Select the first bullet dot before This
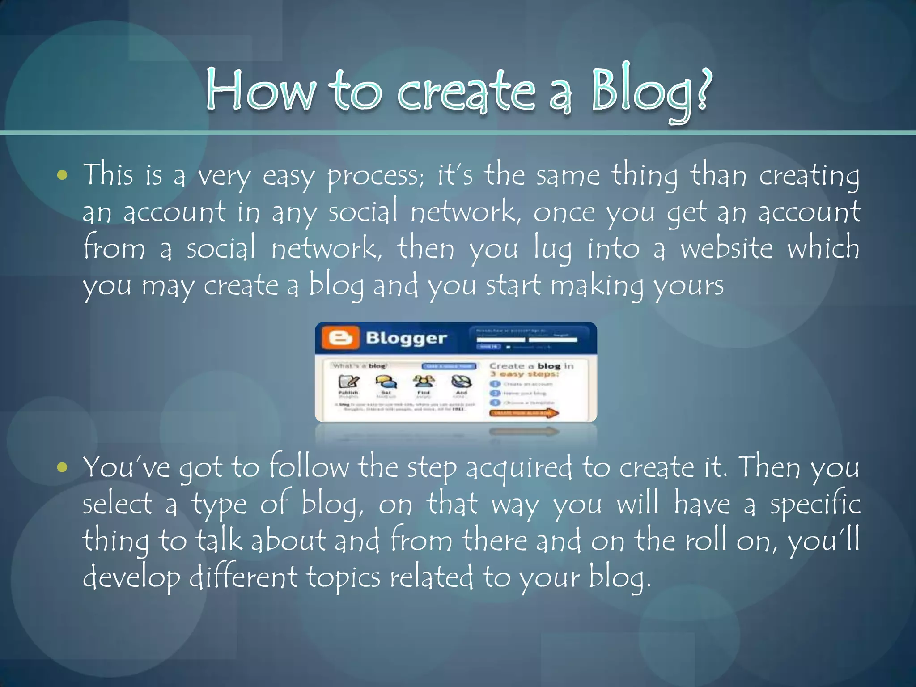pyautogui.click(x=63, y=175)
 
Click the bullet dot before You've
pyautogui.click(x=63, y=468)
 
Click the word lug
pyautogui.click(x=553, y=250)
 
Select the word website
pyautogui.click(x=726, y=249)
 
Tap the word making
pyautogui.click(x=597, y=286)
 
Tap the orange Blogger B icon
pyautogui.click(x=340, y=338)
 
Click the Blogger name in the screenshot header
pyautogui.click(x=406, y=338)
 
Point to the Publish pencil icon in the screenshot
pyautogui.click(x=348, y=382)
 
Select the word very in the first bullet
pyautogui.click(x=224, y=177)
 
